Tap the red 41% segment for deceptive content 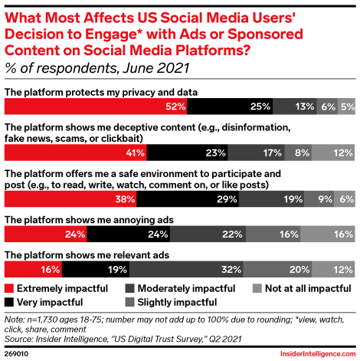click(77, 153)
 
